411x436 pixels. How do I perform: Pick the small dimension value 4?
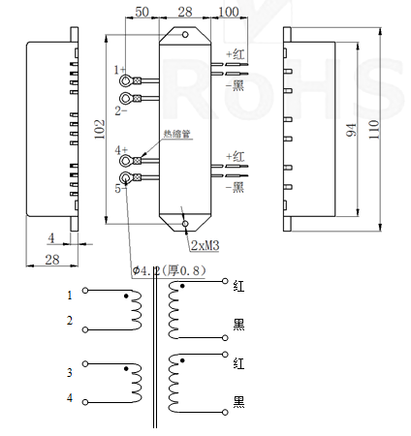point(50,238)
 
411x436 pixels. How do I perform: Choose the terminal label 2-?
point(120,110)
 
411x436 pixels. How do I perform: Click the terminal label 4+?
point(120,151)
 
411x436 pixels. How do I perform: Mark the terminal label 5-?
point(119,190)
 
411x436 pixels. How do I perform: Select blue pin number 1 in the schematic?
point(69,295)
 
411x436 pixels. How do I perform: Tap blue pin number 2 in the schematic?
point(69,321)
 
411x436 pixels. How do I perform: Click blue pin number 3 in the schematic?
point(69,372)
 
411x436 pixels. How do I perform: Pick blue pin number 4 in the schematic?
point(69,397)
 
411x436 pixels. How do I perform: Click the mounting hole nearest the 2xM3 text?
point(185,228)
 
